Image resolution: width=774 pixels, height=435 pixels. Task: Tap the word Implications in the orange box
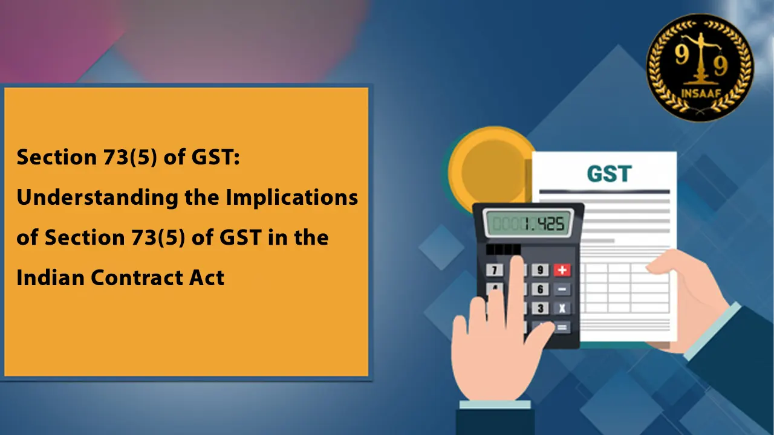pyautogui.click(x=292, y=198)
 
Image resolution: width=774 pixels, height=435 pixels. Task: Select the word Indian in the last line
pyautogui.click(x=50, y=277)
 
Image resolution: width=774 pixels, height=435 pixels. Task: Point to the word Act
pyautogui.click(x=207, y=277)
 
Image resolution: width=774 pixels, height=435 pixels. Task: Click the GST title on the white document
pyautogui.click(x=609, y=173)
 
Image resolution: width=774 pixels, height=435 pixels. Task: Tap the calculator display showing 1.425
pyautogui.click(x=528, y=224)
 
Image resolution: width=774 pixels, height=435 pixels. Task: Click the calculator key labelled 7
pyautogui.click(x=495, y=270)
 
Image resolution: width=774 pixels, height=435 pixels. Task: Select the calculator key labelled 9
pyautogui.click(x=540, y=270)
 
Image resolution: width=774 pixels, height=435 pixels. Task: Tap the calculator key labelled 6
pyautogui.click(x=540, y=289)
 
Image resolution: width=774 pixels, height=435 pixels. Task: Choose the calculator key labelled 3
pyautogui.click(x=540, y=308)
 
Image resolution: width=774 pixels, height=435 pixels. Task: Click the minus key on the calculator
pyautogui.click(x=562, y=289)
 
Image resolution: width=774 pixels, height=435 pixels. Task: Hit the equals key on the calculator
pyautogui.click(x=562, y=327)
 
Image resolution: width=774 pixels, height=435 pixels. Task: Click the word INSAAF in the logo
pyautogui.click(x=701, y=93)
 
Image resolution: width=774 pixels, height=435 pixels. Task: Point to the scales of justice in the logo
pyautogui.click(x=700, y=58)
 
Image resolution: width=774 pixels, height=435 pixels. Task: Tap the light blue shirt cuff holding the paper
pyautogui.click(x=712, y=330)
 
